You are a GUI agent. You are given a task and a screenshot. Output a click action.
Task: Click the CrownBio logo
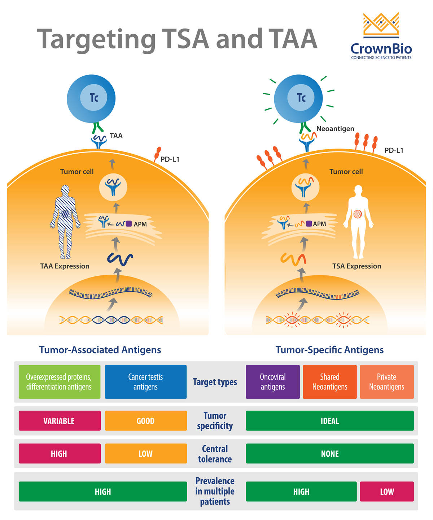click(x=381, y=36)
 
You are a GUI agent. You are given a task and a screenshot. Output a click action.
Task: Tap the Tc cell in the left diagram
click(x=91, y=98)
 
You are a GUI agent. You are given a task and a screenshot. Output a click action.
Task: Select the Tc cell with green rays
click(x=298, y=98)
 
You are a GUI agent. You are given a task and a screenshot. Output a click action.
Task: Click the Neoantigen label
click(x=335, y=129)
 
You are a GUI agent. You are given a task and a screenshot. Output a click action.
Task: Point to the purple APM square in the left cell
click(x=129, y=224)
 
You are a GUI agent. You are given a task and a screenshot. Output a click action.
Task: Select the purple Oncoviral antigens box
click(x=273, y=382)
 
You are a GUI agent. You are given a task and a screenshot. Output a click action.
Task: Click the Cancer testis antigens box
click(x=145, y=382)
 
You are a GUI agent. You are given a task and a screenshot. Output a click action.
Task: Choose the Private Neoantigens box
click(x=386, y=382)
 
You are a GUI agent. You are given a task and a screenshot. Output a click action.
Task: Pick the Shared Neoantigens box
click(x=330, y=382)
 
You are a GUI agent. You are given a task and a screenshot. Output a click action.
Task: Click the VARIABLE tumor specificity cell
click(x=60, y=421)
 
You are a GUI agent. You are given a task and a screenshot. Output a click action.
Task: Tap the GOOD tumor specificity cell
click(x=146, y=421)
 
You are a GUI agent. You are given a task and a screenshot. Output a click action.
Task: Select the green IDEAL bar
click(x=329, y=421)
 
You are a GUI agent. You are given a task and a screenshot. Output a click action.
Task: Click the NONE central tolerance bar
click(x=329, y=454)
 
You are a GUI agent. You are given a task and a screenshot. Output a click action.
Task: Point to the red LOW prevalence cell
click(x=386, y=491)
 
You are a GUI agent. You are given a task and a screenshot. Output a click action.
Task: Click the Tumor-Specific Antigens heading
click(x=329, y=350)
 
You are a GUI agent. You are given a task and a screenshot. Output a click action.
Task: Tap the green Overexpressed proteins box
click(x=60, y=382)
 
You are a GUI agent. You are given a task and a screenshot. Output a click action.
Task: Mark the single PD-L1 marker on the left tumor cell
click(x=157, y=153)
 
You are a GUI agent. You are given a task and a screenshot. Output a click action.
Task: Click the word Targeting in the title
click(x=96, y=39)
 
